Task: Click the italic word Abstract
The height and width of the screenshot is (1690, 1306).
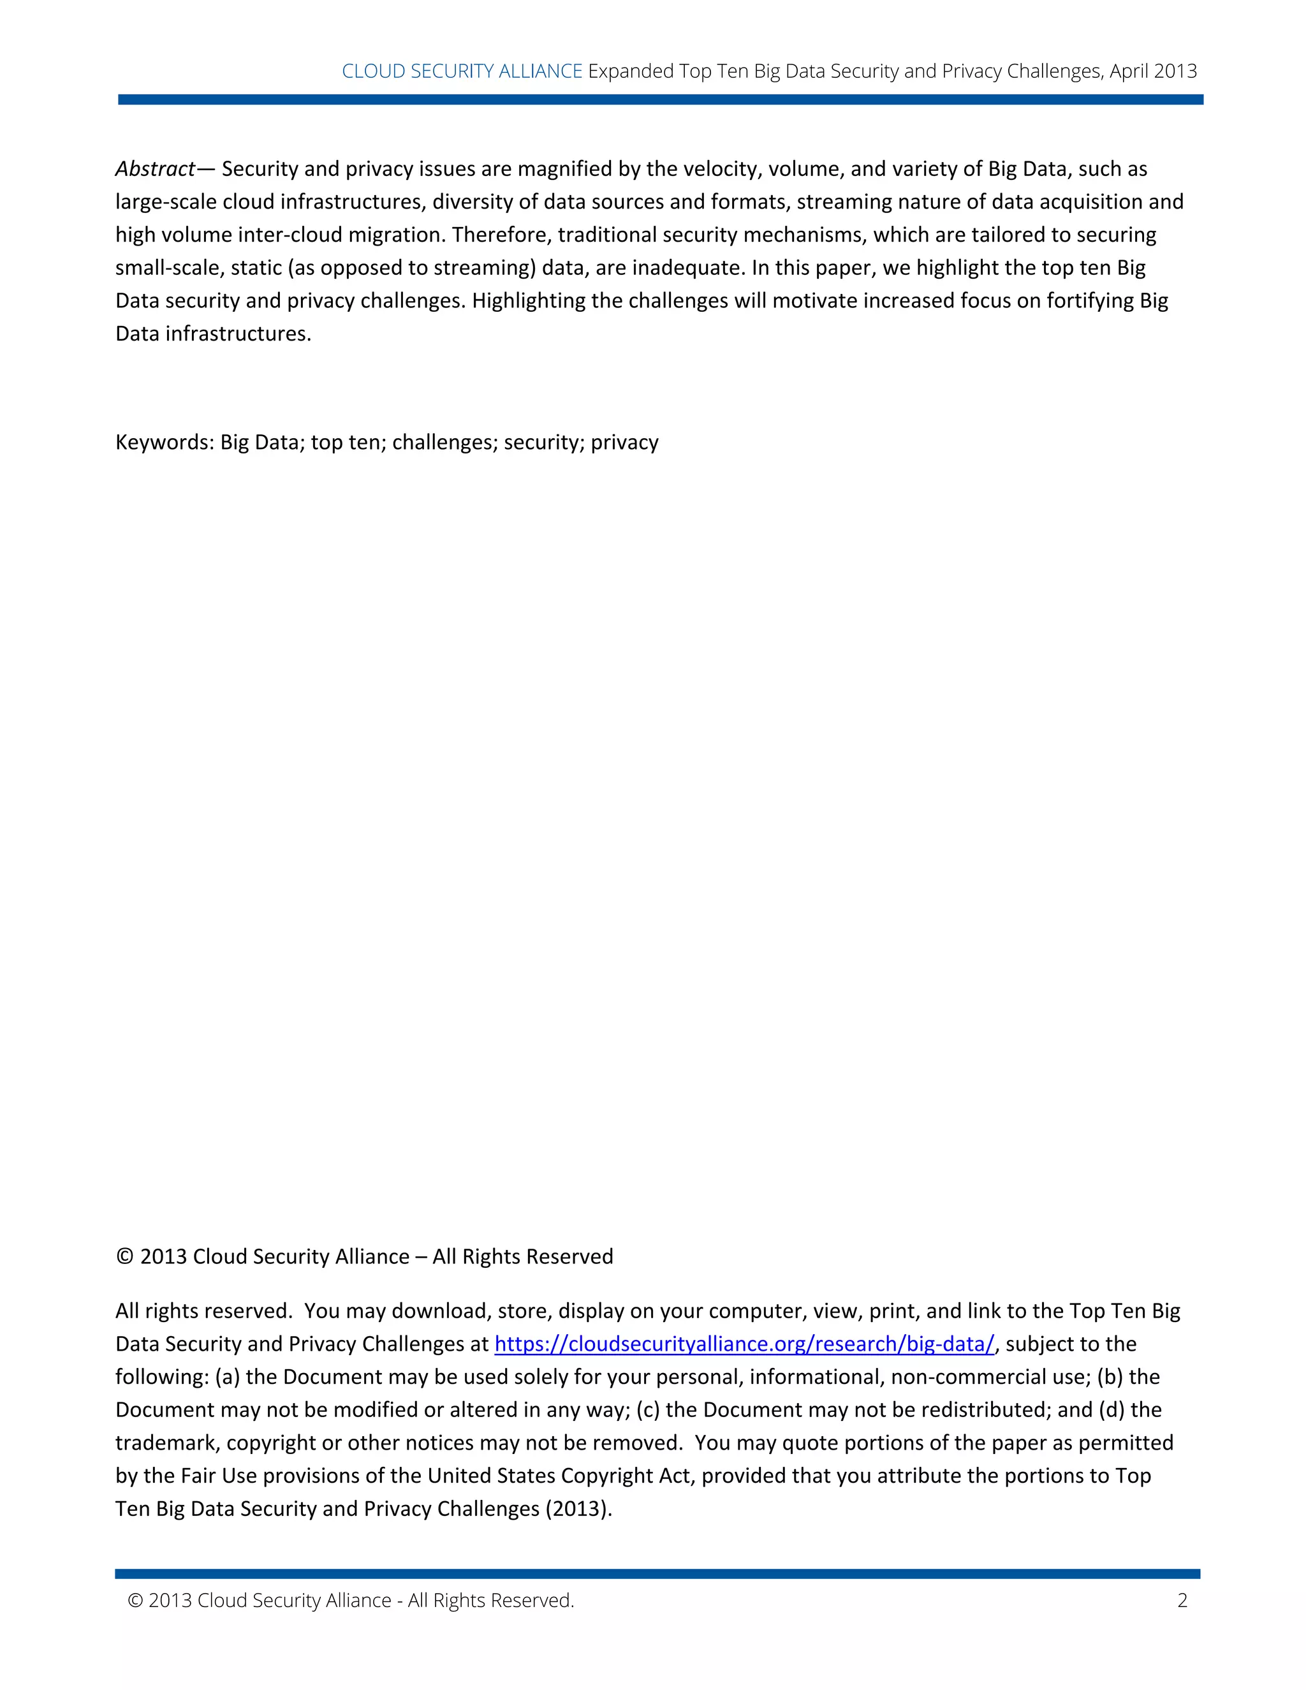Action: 155,169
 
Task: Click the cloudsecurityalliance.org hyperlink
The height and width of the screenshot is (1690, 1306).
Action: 744,1344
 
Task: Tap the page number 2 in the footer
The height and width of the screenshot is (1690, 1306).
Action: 1182,1600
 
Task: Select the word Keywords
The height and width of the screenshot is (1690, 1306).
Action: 163,442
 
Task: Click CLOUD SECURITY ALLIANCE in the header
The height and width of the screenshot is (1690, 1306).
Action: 462,71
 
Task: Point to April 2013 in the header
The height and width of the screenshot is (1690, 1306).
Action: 1153,71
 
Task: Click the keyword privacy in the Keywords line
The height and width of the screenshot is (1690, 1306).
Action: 624,442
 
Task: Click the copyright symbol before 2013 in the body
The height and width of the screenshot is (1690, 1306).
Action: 124,1257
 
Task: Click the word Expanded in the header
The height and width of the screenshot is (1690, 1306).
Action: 631,71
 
